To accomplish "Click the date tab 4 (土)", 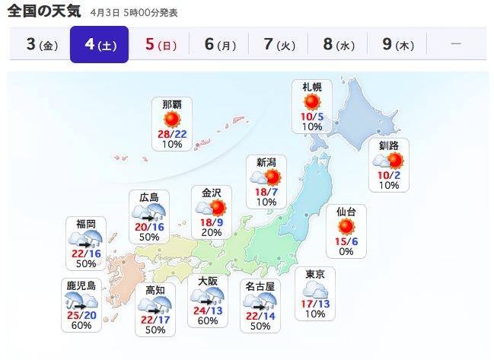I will pos(99,44).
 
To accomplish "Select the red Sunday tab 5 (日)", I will pos(158,44).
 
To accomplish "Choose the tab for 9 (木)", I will pos(397,44).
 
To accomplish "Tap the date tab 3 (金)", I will pos(40,44).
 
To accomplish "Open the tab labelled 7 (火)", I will pos(278,44).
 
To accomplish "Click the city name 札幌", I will pos(312,88).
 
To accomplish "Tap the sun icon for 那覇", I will pos(172,119).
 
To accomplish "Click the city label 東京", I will pos(315,274).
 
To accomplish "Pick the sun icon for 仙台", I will pos(346,226).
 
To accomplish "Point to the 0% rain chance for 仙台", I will pos(346,251).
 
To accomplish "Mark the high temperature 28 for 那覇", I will pos(163,133).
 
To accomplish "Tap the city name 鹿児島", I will pos(81,285).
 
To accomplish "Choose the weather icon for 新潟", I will pos(266,177).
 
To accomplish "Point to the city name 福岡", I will pos(86,223).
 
